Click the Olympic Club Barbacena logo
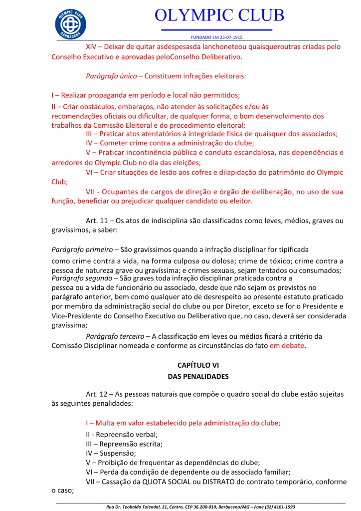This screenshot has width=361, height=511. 71,23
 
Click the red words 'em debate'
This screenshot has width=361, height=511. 286,346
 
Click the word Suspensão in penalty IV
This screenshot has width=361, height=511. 119,453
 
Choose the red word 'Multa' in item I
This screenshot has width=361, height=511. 105,423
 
